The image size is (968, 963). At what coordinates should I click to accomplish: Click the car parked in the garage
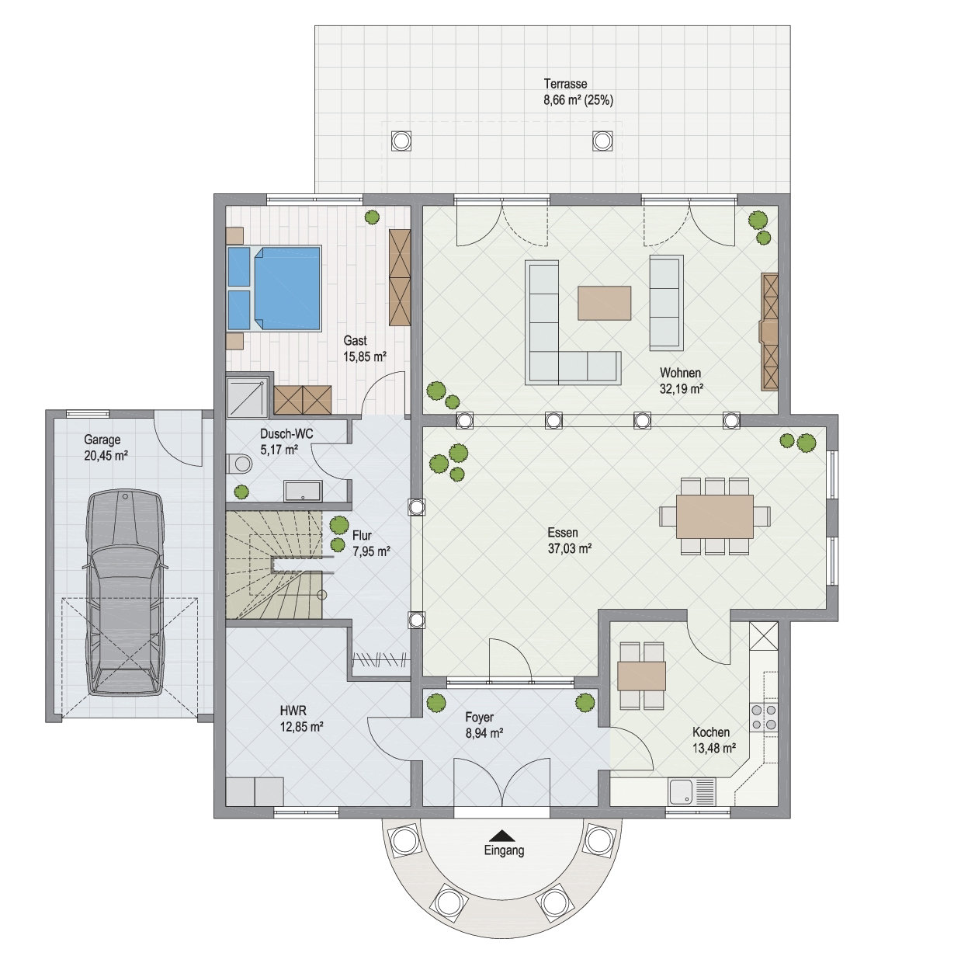[124, 593]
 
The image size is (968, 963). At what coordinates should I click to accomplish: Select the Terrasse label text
[565, 84]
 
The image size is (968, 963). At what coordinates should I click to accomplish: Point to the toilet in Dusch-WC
[239, 464]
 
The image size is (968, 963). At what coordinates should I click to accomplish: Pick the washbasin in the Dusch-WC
[303, 491]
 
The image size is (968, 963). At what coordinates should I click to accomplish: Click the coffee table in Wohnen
[604, 303]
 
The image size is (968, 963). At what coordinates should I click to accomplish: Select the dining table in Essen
[715, 516]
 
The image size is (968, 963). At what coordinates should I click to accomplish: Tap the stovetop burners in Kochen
[764, 718]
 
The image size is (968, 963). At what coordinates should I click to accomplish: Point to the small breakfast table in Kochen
[641, 676]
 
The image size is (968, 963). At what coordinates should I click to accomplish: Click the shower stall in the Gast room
[246, 397]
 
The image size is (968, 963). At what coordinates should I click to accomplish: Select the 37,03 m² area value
[569, 549]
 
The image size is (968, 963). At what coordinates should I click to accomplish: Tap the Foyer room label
[479, 718]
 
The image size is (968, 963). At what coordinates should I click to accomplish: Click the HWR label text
[293, 711]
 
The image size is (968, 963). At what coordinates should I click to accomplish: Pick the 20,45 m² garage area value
[106, 456]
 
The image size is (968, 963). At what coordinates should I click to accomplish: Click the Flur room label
[362, 535]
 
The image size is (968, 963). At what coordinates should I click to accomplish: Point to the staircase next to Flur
[274, 565]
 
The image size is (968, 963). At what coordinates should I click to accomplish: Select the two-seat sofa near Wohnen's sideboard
[666, 303]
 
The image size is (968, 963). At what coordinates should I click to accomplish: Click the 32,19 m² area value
[681, 389]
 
